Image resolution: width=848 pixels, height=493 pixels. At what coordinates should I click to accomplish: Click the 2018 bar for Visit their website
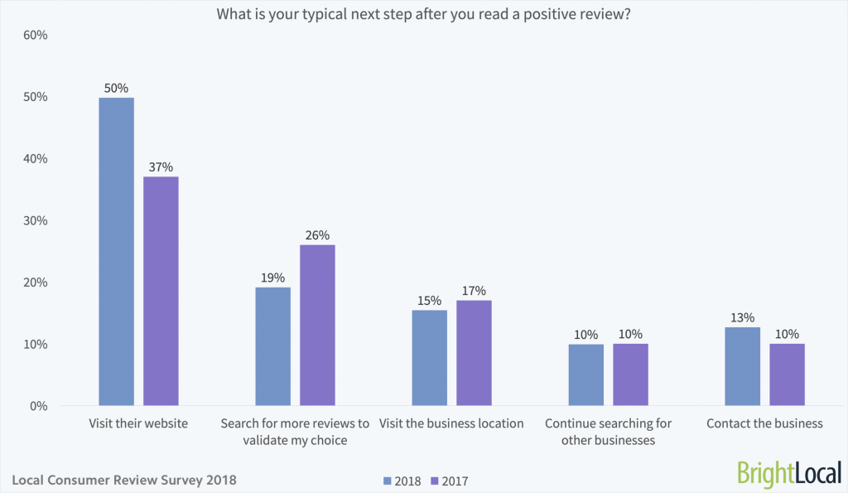(x=116, y=252)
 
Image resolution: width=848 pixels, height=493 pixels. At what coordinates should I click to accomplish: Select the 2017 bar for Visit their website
(x=161, y=291)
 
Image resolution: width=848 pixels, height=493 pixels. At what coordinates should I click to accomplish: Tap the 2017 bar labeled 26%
(x=317, y=325)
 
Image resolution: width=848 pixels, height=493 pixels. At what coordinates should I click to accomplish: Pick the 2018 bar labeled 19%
(x=272, y=346)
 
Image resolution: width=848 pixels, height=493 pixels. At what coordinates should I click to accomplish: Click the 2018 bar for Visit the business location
(x=429, y=358)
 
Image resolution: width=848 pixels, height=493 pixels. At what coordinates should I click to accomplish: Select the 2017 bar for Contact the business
(x=787, y=375)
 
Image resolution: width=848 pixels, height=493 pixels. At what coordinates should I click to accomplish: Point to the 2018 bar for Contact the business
(x=742, y=366)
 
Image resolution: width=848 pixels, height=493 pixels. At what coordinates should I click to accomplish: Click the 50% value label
(x=116, y=88)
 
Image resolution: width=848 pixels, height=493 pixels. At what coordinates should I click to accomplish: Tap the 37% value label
(x=161, y=167)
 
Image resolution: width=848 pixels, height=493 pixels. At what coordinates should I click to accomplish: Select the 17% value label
(x=474, y=290)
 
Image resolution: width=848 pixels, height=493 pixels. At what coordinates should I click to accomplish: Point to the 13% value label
(x=742, y=317)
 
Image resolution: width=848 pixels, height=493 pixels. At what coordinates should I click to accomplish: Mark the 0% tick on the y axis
(x=37, y=406)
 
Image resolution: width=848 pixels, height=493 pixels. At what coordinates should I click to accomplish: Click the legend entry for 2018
(x=402, y=480)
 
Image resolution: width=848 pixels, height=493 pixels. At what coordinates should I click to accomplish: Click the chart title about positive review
(x=424, y=14)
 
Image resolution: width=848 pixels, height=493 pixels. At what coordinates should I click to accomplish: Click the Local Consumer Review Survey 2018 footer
(x=124, y=479)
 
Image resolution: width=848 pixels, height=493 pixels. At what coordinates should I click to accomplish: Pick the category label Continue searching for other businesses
(x=608, y=432)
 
